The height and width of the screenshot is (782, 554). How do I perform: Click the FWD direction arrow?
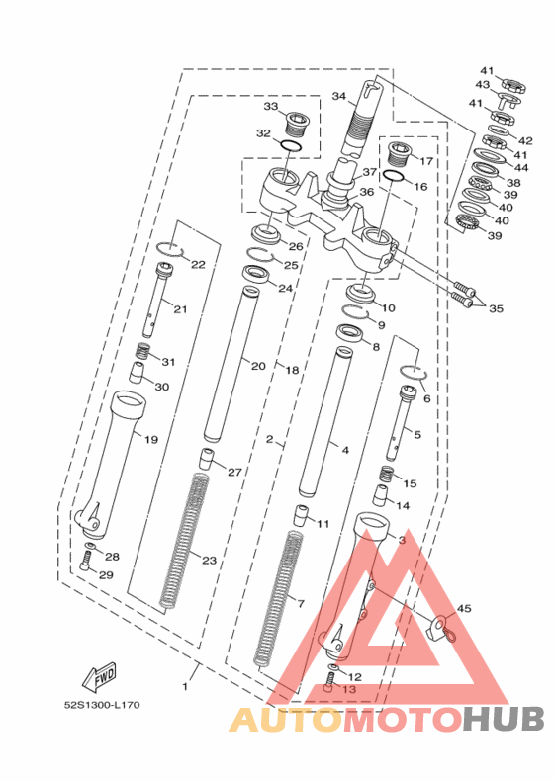(99, 677)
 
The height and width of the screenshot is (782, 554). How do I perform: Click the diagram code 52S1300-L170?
(102, 705)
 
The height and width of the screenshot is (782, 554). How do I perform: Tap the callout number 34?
(339, 96)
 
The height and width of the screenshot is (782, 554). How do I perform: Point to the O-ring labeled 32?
(291, 146)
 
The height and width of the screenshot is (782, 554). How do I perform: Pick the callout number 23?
(209, 561)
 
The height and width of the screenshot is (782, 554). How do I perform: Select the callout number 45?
(464, 608)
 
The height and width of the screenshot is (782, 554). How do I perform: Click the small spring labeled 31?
(143, 352)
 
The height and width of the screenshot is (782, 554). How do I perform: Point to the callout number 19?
(151, 439)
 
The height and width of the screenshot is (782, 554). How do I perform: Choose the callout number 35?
(496, 308)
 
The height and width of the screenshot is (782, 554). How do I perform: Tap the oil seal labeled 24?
(256, 274)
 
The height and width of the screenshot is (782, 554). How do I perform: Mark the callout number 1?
(185, 687)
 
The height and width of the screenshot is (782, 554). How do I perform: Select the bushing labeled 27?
(206, 460)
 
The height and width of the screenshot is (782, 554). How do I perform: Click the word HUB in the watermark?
(504, 720)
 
